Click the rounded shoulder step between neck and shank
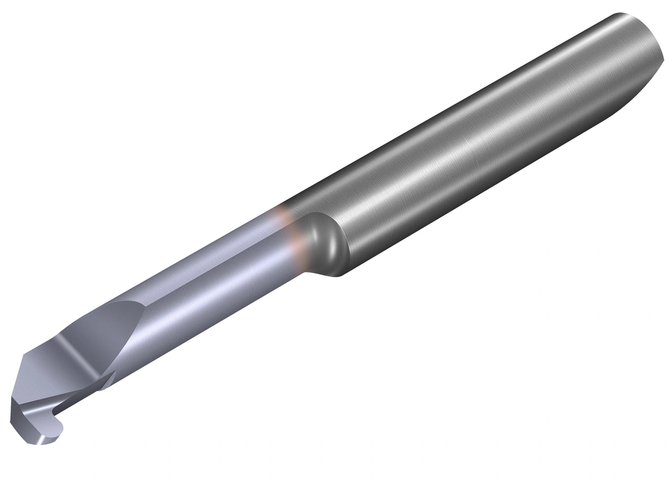pos(323,239)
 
